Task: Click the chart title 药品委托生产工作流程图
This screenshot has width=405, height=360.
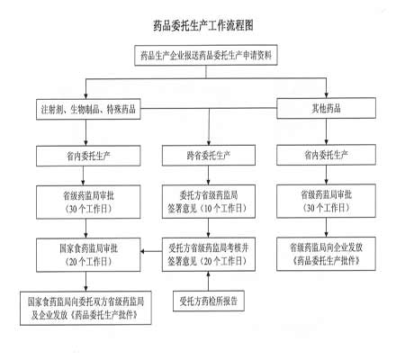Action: (x=203, y=25)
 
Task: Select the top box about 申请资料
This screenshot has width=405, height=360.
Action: (x=206, y=55)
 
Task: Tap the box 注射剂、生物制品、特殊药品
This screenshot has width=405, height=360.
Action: (x=88, y=109)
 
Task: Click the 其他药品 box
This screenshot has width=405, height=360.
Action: (x=326, y=108)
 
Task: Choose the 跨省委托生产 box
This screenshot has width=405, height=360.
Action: (x=209, y=156)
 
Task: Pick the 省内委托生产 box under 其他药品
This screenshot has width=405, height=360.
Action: (x=326, y=155)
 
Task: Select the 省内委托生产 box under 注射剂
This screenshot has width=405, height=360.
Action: (x=88, y=156)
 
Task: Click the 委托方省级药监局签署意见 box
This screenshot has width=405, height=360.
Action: (x=209, y=202)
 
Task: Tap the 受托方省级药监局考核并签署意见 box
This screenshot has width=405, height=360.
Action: (x=209, y=255)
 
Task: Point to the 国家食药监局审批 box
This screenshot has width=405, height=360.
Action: (x=88, y=255)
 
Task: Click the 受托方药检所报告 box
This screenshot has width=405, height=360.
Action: (x=209, y=301)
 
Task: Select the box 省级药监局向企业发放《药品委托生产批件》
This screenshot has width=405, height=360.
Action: (x=326, y=254)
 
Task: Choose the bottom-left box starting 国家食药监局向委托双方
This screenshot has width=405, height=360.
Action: (x=85, y=308)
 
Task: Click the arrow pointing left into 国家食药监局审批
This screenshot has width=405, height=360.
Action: (x=151, y=251)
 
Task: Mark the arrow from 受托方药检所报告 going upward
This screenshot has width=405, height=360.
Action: (x=208, y=281)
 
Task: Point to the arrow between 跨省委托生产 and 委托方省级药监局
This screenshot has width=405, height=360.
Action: (x=208, y=175)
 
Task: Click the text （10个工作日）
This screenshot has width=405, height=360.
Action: (x=223, y=208)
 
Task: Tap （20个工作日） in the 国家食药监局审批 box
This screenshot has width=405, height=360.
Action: (x=88, y=262)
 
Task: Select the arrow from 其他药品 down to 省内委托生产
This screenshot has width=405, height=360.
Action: (x=326, y=131)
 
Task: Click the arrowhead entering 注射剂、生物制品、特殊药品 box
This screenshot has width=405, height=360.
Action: (x=85, y=96)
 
